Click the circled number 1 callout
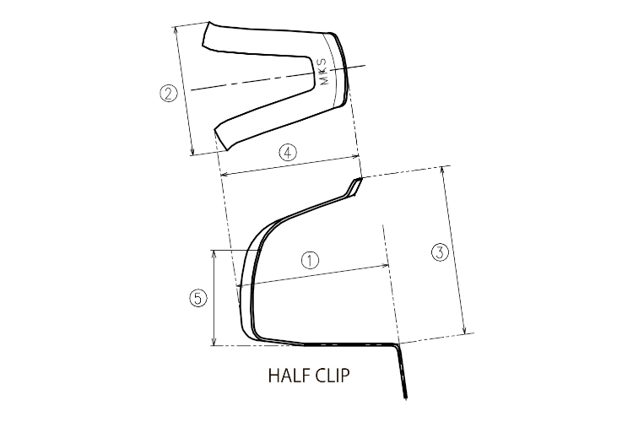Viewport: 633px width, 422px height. (x=311, y=260)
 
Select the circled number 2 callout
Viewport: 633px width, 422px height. (x=169, y=94)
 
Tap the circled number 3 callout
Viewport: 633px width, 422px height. (x=439, y=252)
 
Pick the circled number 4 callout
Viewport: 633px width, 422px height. (x=287, y=153)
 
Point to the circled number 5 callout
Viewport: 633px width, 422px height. (x=197, y=299)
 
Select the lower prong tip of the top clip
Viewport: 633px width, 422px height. (x=221, y=136)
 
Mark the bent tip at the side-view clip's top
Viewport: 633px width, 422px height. (x=355, y=186)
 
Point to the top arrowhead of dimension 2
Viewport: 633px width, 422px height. (x=176, y=27)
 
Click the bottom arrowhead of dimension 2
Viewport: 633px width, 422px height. (x=193, y=153)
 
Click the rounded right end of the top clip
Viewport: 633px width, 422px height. (x=344, y=68)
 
